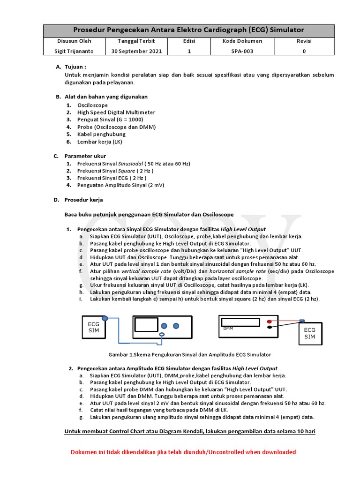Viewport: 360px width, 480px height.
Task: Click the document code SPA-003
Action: (242, 51)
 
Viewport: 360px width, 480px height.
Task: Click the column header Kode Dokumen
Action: (242, 41)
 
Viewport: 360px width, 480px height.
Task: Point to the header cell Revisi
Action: (304, 41)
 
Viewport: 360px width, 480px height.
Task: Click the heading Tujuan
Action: (75, 67)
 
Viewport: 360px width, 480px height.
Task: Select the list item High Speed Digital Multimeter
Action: (116, 112)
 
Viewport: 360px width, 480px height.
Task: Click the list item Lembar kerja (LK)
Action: (100, 142)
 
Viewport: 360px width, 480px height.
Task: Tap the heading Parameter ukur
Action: (85, 156)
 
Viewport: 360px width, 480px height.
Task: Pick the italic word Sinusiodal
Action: (131, 164)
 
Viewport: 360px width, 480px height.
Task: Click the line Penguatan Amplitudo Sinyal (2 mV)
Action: (121, 185)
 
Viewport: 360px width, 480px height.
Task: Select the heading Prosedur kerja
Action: (83, 200)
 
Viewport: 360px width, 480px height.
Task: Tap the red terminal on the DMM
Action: (270, 322)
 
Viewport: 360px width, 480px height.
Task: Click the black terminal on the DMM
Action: (270, 328)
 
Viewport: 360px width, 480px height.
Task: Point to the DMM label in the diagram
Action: (228, 328)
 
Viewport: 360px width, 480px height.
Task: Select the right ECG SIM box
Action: (310, 333)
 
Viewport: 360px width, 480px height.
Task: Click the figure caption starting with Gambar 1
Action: (190, 354)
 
